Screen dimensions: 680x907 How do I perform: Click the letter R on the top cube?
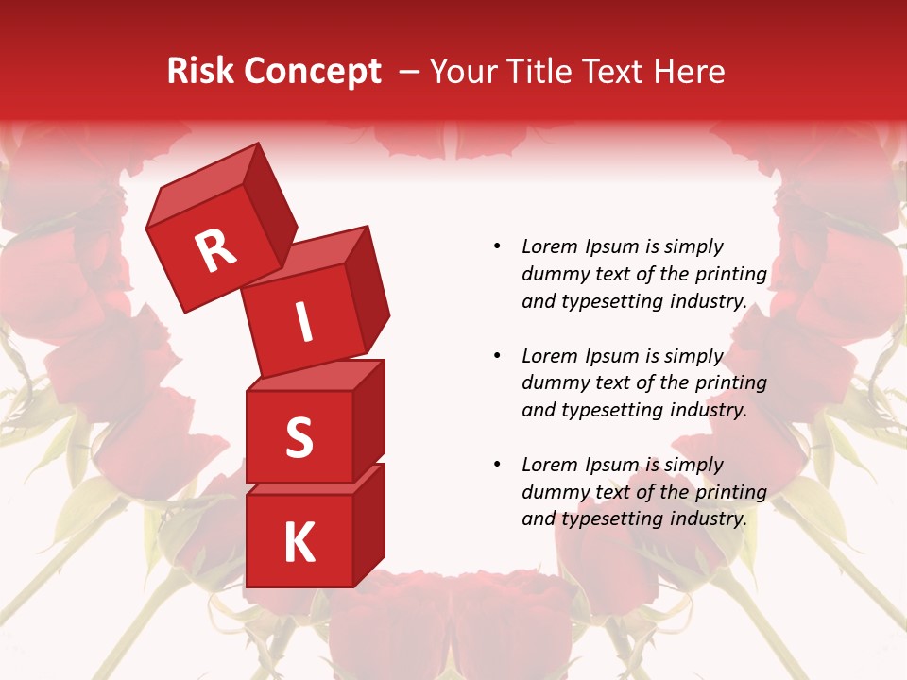point(215,250)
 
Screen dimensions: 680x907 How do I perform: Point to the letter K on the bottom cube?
point(299,543)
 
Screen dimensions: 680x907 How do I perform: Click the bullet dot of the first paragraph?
point(497,246)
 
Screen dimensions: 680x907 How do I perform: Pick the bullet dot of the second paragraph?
point(497,356)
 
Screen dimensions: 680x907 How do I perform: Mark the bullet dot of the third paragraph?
point(497,465)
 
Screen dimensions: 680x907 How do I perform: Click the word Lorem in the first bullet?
point(550,246)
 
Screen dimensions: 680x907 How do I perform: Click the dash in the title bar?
point(409,72)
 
